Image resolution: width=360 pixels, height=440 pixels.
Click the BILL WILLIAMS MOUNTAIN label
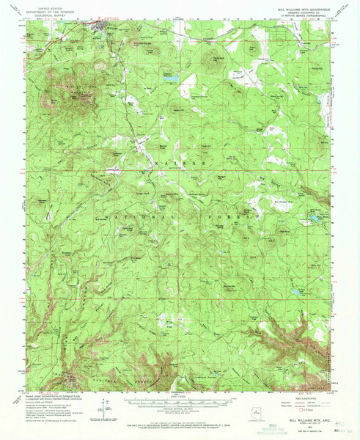73,93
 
